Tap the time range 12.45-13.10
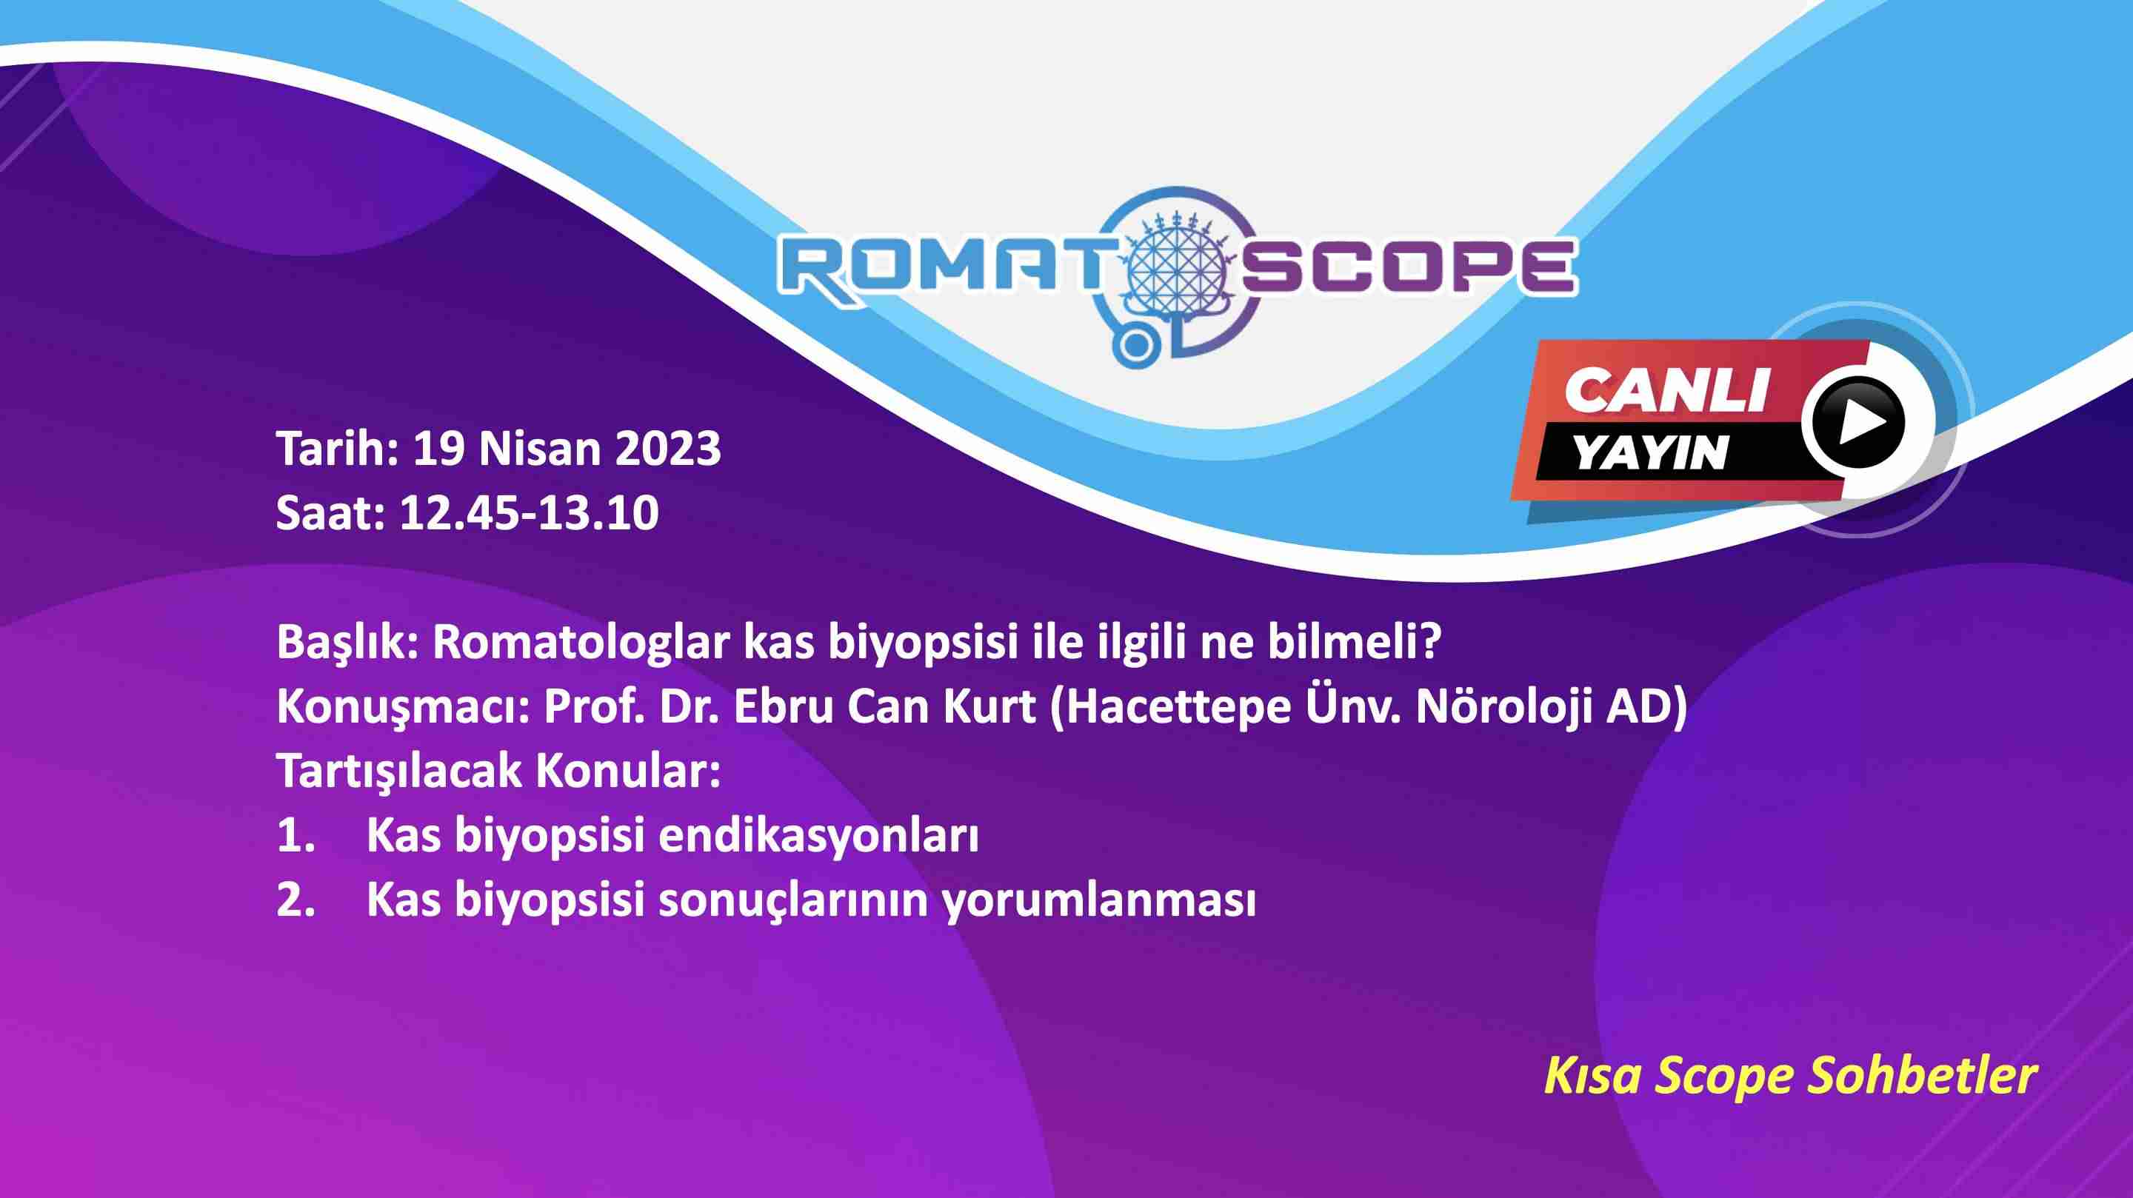point(529,512)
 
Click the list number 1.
point(295,835)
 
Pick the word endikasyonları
point(818,837)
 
